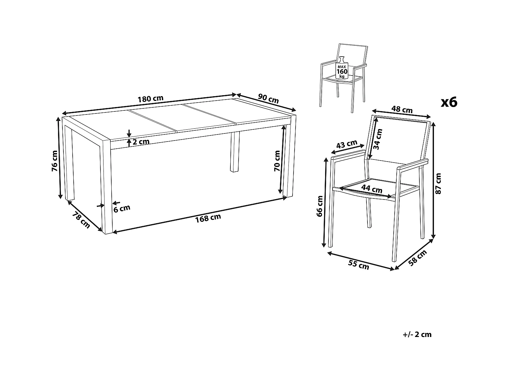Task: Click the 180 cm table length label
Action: [x=151, y=99]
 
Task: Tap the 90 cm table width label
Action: [x=268, y=99]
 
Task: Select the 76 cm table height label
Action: [x=55, y=161]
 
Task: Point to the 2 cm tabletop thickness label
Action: [x=141, y=142]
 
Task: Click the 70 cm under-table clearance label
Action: [x=277, y=161]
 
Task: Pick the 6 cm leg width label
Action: [x=122, y=209]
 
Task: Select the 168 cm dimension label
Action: [x=208, y=218]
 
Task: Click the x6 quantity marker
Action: [x=449, y=102]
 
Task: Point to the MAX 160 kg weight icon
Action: [x=342, y=67]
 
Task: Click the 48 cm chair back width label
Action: [x=402, y=109]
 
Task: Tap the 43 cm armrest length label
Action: [x=347, y=144]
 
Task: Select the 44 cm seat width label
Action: [x=372, y=189]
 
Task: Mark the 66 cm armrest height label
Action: [x=320, y=206]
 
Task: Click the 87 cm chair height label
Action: [x=438, y=184]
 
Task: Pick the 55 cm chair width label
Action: [x=358, y=265]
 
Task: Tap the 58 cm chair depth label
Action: [x=417, y=258]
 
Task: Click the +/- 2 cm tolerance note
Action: [x=417, y=335]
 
